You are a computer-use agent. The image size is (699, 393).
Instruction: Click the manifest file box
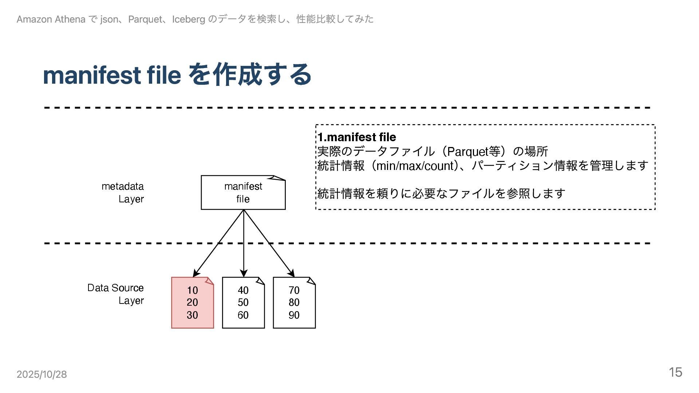[243, 193]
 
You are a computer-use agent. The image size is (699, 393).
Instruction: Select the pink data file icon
[192, 303]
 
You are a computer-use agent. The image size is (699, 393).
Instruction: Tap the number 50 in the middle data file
[243, 302]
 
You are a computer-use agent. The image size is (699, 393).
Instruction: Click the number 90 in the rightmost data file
[294, 315]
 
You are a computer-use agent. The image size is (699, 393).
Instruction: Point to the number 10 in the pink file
[192, 290]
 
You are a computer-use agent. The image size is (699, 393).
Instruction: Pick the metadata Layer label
[123, 192]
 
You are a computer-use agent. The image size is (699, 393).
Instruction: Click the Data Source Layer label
[116, 294]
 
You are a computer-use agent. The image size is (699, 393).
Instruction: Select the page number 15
[675, 372]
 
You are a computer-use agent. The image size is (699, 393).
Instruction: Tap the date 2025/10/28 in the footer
[42, 374]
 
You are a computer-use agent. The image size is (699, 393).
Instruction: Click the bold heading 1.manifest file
[357, 137]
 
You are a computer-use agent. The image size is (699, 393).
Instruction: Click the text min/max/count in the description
[415, 166]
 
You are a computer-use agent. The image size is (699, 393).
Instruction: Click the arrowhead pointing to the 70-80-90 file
[291, 273]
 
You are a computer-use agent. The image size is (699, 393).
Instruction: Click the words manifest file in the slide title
[112, 75]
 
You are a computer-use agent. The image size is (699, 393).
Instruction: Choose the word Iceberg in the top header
[188, 19]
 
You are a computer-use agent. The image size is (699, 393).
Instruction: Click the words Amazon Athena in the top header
[51, 19]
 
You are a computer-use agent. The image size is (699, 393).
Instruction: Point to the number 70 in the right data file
[294, 290]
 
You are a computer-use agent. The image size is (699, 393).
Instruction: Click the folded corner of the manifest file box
[279, 178]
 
